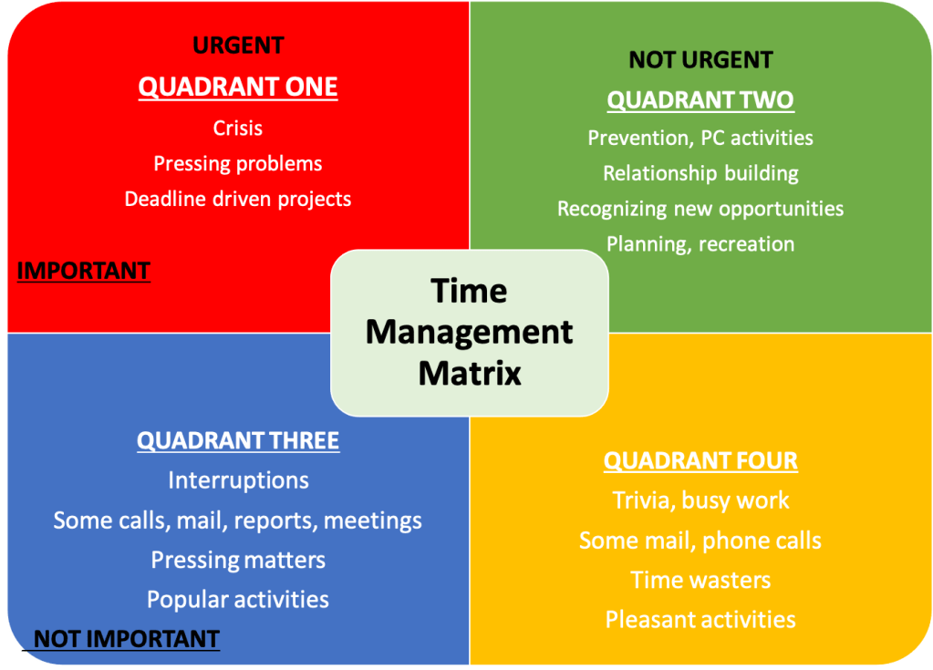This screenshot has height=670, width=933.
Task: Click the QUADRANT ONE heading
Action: (238, 87)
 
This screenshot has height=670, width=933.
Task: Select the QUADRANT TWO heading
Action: (700, 100)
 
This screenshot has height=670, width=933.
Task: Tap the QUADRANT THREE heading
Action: (238, 440)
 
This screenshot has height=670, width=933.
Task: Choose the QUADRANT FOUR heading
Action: (700, 460)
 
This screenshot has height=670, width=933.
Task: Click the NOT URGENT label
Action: (700, 59)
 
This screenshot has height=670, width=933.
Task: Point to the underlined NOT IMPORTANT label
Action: (127, 638)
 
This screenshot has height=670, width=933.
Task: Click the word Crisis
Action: (237, 128)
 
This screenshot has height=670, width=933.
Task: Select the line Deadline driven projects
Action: (237, 199)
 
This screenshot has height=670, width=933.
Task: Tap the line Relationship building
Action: (700, 173)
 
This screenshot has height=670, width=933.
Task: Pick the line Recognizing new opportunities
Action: (700, 209)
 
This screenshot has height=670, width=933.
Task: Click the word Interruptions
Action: (238, 480)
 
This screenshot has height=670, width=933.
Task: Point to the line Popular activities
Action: (237, 599)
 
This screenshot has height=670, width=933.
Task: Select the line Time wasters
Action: (700, 580)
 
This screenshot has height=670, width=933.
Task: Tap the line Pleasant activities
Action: (700, 620)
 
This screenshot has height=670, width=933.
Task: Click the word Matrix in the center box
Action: (470, 374)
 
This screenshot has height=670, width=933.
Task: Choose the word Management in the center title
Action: (470, 333)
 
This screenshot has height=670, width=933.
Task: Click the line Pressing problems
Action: (237, 163)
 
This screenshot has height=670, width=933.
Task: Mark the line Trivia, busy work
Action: (700, 500)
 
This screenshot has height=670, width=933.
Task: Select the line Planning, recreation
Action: (700, 243)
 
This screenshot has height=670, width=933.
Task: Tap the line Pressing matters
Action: (238, 560)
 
